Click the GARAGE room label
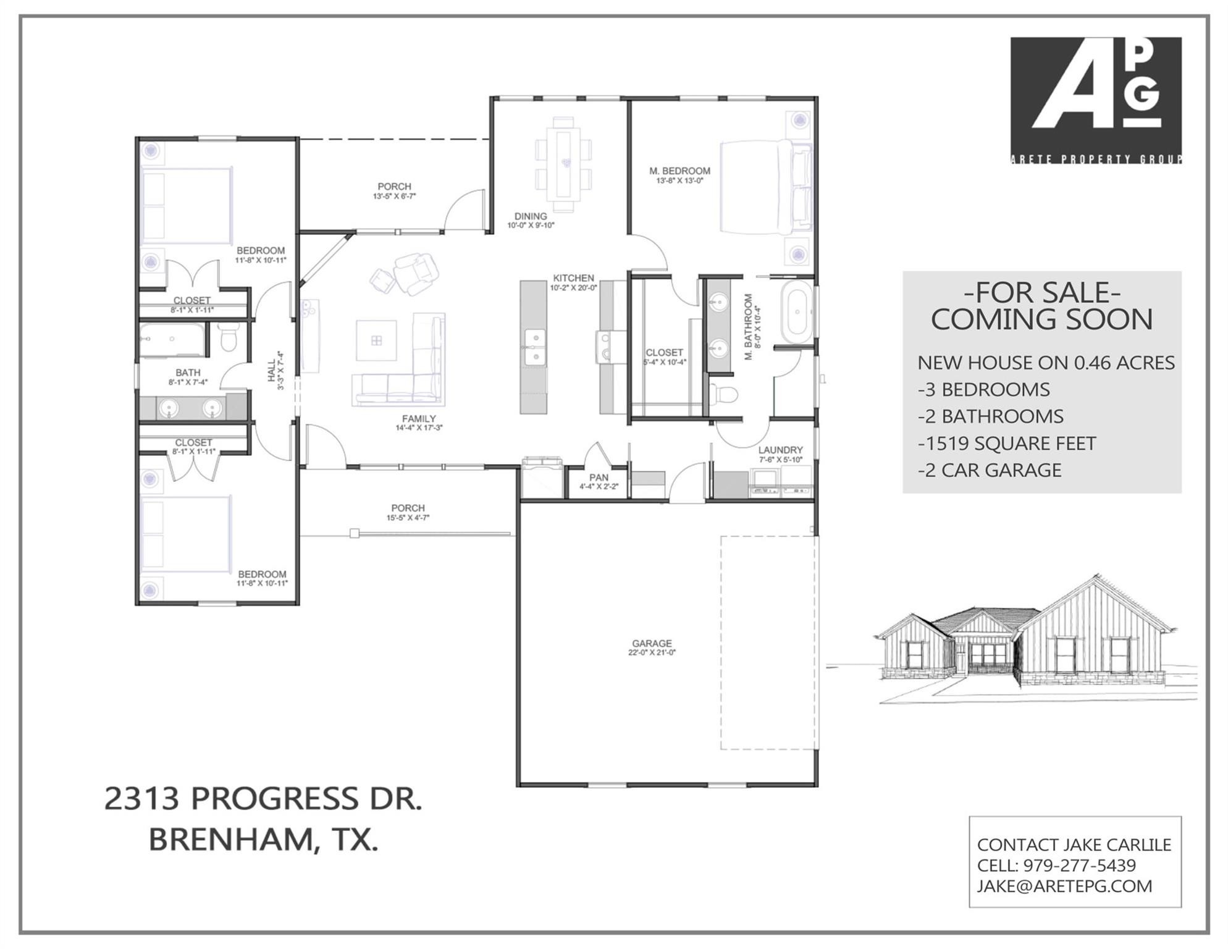pos(652,643)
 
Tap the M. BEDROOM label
pos(679,171)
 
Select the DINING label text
pos(531,216)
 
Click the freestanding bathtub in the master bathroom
pos(797,311)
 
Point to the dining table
pos(563,164)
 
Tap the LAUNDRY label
pos(781,450)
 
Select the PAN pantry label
pos(599,478)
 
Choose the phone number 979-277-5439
pos(1079,866)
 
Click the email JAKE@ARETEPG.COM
pos(1064,886)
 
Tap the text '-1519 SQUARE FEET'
pos(1007,443)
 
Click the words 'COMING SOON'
pos(1042,319)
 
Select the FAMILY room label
pos(419,418)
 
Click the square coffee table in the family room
pos(376,340)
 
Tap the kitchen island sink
pos(534,347)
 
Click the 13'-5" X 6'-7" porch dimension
pos(394,196)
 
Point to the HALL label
pos(272,371)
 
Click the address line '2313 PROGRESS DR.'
pos(263,798)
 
